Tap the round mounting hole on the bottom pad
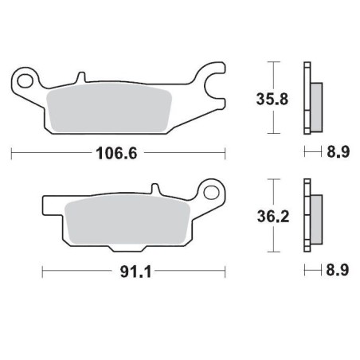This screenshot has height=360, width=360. click(x=211, y=191)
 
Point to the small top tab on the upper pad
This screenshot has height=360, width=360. click(x=80, y=78)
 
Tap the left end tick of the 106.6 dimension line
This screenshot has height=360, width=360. click(x=11, y=151)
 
